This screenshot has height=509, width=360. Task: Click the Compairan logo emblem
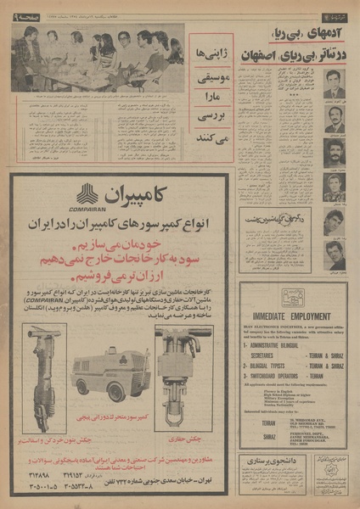pos(91,193)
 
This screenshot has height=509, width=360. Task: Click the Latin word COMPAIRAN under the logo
pos(91,207)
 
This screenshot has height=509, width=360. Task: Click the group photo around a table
pos(97,56)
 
